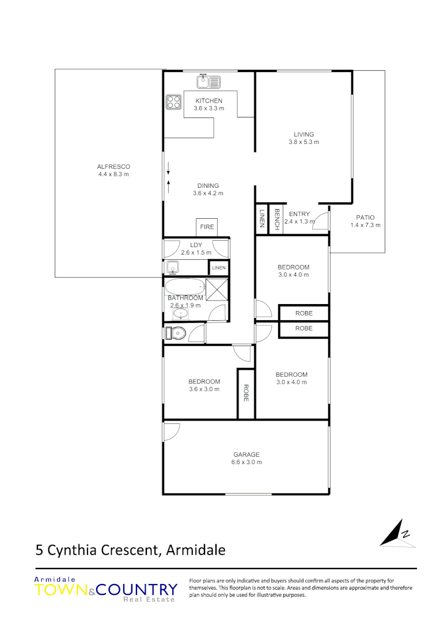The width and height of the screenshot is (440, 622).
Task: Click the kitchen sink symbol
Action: pyautogui.click(x=208, y=82)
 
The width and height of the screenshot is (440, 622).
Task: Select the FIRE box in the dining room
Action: pyautogui.click(x=207, y=227)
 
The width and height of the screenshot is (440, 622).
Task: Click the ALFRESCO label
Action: pyautogui.click(x=113, y=167)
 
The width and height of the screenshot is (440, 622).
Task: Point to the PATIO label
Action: pyautogui.click(x=365, y=217)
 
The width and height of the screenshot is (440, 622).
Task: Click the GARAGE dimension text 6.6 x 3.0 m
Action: pyautogui.click(x=246, y=462)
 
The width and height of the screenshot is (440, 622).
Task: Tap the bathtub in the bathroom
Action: pyautogui.click(x=185, y=286)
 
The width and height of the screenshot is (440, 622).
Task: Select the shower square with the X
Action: pyautogui.click(x=217, y=287)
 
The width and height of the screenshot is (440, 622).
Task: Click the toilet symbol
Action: pyautogui.click(x=175, y=333)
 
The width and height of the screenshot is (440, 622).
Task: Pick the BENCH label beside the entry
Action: pyautogui.click(x=276, y=219)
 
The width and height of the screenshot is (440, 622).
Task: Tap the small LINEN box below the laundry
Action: pyautogui.click(x=219, y=268)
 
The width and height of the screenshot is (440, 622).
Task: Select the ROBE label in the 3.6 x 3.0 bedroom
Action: pyautogui.click(x=246, y=393)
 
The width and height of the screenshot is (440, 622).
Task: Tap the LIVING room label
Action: pyautogui.click(x=304, y=135)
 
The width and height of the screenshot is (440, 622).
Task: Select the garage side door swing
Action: pyautogui.click(x=172, y=431)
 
